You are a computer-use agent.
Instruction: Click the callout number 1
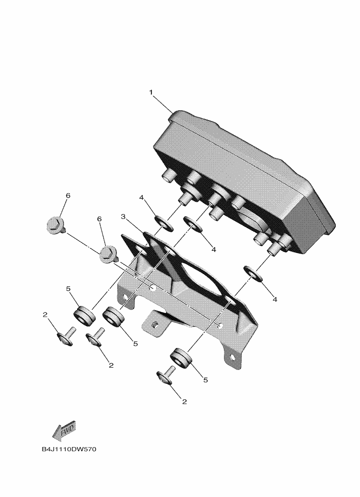point(151,92)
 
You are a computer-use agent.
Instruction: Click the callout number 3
point(123,217)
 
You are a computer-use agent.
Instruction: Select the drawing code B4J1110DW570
point(69,449)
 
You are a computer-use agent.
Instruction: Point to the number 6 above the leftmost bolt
point(68,196)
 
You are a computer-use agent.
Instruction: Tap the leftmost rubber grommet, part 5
point(84,315)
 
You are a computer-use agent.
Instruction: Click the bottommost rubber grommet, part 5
point(182,358)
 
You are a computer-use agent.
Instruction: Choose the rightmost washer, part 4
point(253,274)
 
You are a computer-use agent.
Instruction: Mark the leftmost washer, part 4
point(164,223)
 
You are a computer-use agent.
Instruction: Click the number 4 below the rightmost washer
point(275,299)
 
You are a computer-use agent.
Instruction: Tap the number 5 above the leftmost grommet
point(68,289)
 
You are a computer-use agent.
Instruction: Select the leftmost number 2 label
point(45,314)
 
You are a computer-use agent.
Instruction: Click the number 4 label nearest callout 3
point(142,198)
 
